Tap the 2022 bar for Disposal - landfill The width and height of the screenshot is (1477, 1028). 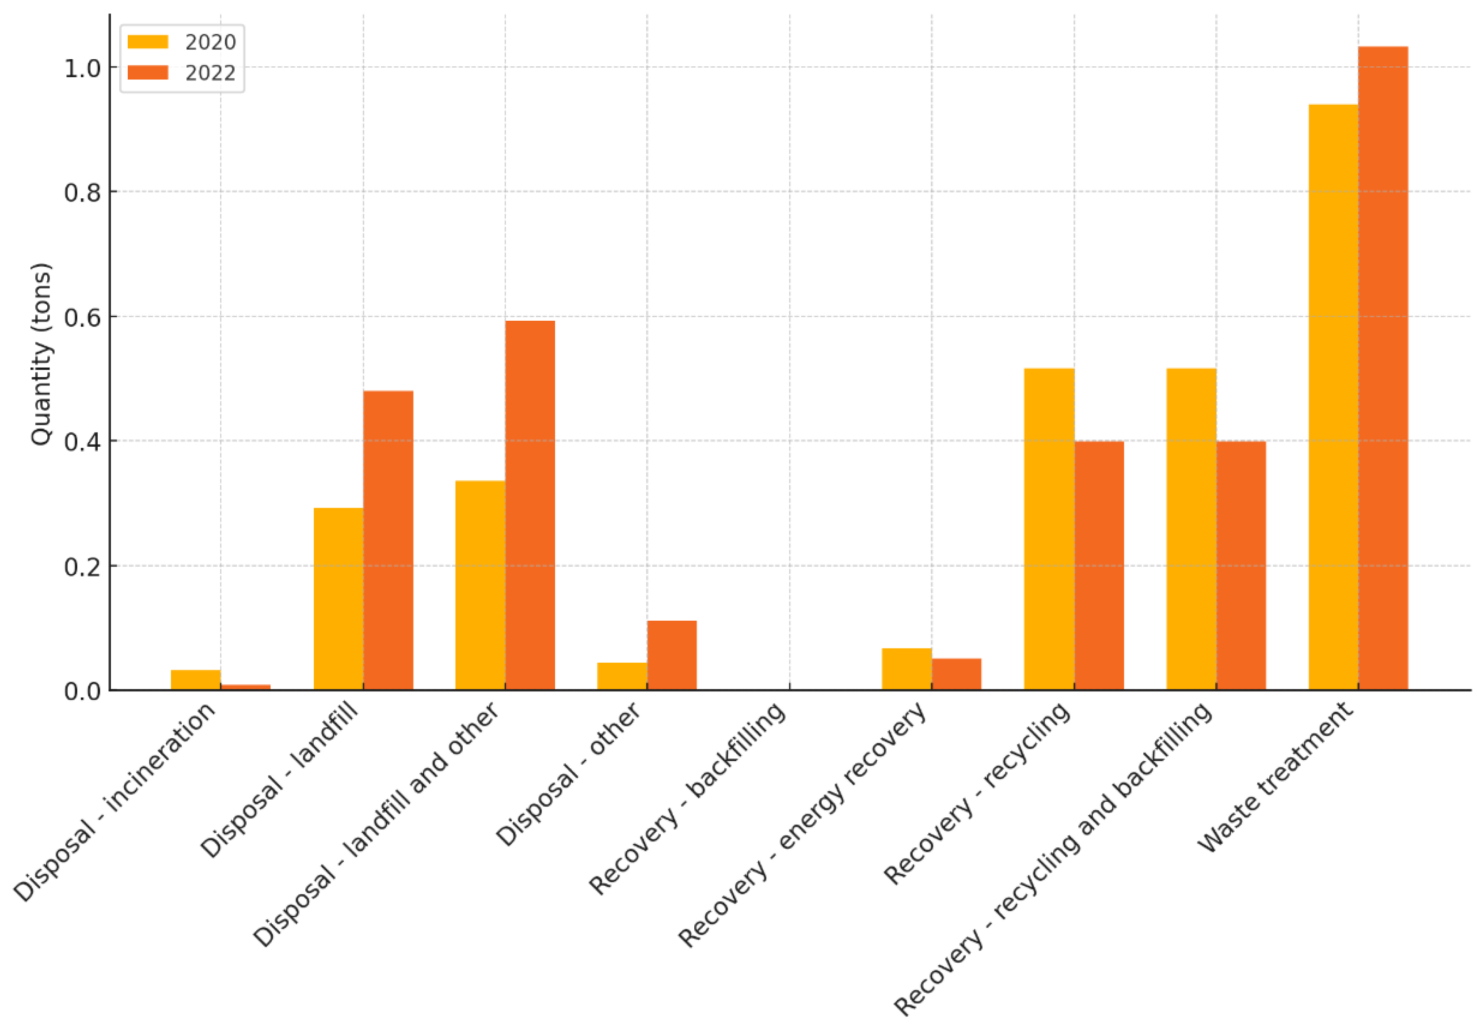tap(388, 540)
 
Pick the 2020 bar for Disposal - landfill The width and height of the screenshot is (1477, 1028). tap(339, 599)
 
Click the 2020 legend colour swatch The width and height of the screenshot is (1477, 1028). tap(148, 42)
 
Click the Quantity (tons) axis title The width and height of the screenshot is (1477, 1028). tap(41, 353)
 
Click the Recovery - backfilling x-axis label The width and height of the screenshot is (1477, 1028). tap(687, 798)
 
